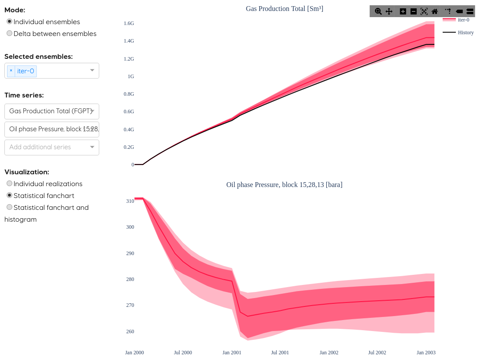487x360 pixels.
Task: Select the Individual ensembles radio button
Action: (10, 22)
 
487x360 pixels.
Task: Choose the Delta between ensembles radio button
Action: (10, 33)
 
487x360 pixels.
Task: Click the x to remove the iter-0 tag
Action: (11, 71)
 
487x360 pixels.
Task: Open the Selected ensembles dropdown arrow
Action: (92, 70)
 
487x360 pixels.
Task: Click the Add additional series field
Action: (46, 147)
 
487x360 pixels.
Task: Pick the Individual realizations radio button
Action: (10, 184)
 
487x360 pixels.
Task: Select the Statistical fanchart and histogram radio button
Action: (10, 207)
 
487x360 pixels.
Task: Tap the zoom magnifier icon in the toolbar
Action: (378, 11)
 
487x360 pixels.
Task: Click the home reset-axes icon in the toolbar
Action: (435, 11)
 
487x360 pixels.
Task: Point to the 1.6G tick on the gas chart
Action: (129, 23)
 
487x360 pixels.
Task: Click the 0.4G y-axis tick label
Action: (129, 130)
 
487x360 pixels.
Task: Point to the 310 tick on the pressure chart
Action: (130, 201)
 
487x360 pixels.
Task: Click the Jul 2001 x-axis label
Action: (280, 353)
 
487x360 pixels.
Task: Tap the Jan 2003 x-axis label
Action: (426, 353)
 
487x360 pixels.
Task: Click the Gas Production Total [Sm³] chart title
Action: (284, 8)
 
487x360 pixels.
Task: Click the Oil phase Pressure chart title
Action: (284, 185)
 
